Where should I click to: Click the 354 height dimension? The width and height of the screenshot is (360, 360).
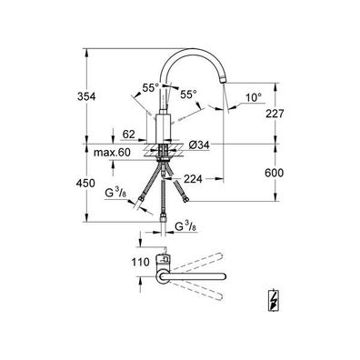pos(86,96)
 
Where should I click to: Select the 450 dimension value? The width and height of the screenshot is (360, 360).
pos(85,184)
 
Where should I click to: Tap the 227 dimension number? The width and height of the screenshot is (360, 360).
pos(275,114)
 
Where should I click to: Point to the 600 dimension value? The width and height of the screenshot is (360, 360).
pos(275,173)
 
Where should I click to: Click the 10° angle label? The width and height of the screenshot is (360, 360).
pos(253,97)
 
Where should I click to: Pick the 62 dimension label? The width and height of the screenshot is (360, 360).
pos(129,134)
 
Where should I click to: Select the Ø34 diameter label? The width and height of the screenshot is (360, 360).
pos(199,145)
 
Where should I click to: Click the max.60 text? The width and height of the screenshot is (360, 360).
pos(112,153)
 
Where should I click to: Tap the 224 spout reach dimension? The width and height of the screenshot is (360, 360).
pos(193,179)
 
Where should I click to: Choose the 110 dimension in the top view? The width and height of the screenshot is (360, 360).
pos(141,262)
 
